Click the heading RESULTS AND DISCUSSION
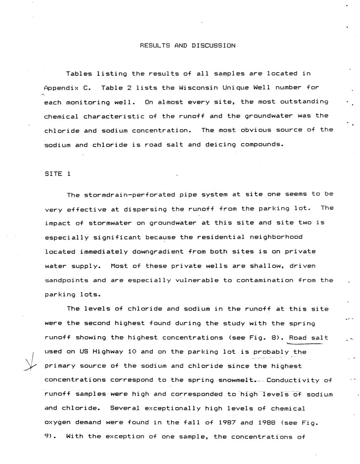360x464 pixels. [188, 46]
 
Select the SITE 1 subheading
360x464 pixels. [57, 174]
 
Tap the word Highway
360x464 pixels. [108, 352]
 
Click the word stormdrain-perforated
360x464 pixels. [129, 195]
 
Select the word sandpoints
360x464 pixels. [67, 280]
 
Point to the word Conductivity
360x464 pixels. [293, 380]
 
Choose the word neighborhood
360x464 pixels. [276, 237]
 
